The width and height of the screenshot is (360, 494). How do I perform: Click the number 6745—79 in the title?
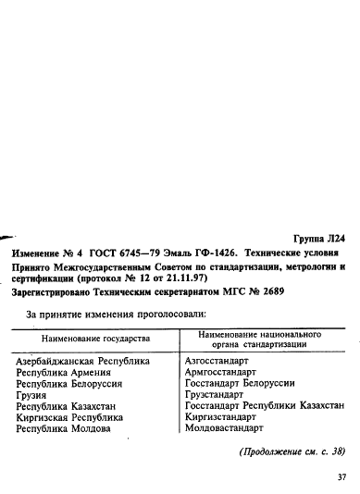pyautogui.click(x=124, y=252)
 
